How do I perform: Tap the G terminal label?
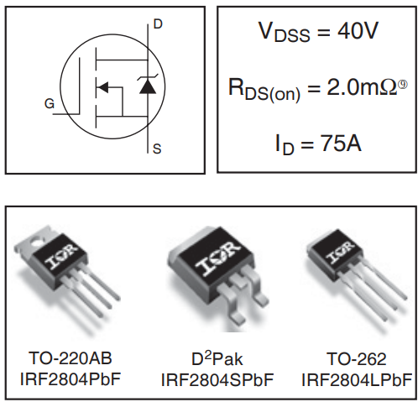click(50, 104)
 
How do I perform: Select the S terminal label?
click(157, 150)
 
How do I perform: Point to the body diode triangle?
click(148, 86)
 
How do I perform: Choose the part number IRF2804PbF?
click(71, 379)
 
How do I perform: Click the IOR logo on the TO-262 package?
click(342, 250)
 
